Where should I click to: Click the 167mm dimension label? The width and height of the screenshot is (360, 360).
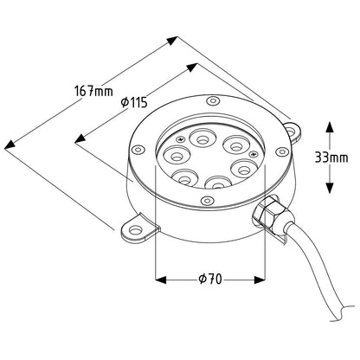(93, 91)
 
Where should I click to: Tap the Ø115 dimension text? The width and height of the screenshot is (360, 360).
(134, 102)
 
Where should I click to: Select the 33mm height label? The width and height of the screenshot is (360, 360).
(331, 157)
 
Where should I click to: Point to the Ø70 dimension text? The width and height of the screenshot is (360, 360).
(210, 279)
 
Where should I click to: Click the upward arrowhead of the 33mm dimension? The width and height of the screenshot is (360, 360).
(330, 127)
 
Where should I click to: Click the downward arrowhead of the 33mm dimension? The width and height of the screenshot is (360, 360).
(330, 188)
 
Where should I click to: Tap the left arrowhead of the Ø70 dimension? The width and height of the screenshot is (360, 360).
(161, 280)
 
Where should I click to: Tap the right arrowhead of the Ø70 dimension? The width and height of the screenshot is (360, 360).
(260, 280)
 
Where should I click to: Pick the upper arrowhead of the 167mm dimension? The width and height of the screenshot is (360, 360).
(172, 41)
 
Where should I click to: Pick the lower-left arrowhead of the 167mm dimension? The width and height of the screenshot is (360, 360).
(10, 145)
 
